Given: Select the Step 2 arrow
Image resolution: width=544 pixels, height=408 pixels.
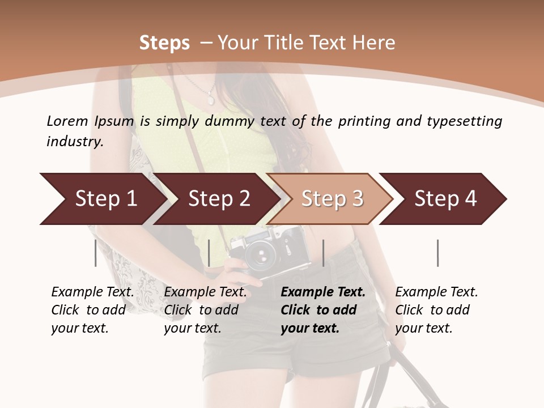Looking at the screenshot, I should point(218,199).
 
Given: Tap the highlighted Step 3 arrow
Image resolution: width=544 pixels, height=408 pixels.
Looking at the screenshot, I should point(331,199).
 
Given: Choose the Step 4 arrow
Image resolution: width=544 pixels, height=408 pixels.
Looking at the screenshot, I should point(445,199).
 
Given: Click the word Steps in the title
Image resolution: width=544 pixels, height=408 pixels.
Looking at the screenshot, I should point(164,43).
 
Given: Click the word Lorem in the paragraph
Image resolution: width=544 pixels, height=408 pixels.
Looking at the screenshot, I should point(67,121).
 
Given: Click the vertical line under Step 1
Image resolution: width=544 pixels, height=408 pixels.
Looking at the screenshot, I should point(96,253).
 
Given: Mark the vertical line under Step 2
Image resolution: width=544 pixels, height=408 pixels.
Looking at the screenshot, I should point(209,253).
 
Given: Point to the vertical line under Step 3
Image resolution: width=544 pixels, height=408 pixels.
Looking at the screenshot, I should point(323,253).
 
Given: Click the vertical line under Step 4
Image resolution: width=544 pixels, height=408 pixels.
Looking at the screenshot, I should point(437,253).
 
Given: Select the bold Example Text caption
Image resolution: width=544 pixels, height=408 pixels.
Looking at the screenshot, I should point(323,310).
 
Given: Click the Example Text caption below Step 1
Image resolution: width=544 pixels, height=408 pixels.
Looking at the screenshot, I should point(92,310).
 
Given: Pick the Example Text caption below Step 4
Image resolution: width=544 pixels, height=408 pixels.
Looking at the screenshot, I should point(436,310).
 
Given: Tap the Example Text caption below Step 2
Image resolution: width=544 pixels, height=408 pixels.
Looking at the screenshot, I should point(205,310).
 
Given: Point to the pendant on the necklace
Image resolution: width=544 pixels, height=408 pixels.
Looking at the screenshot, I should point(211,100).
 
